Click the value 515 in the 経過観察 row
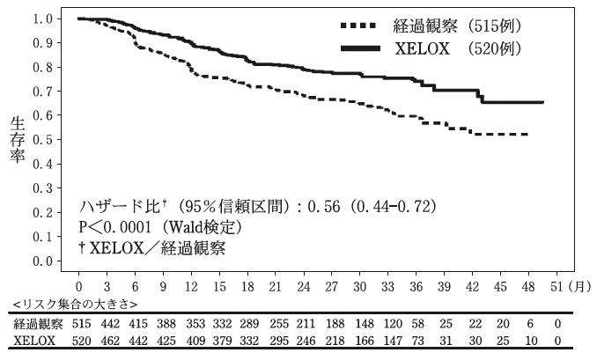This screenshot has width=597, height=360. click(79, 324)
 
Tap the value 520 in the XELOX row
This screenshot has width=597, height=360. click(79, 341)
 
